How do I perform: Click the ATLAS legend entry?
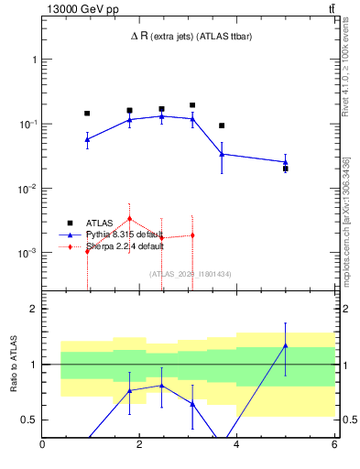click(x=100, y=222)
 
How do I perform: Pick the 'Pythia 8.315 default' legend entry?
click(x=125, y=234)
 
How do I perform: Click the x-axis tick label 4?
click(x=237, y=445)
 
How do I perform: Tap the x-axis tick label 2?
click(x=139, y=445)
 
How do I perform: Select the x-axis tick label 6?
click(x=333, y=445)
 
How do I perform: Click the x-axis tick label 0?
click(x=42, y=445)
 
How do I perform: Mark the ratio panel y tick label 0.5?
click(x=28, y=420)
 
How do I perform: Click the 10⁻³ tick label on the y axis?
click(x=27, y=253)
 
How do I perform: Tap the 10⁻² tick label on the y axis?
click(x=27, y=189)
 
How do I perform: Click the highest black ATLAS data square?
click(x=192, y=105)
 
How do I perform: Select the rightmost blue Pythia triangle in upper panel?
click(x=286, y=162)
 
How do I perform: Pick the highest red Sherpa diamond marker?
click(x=130, y=218)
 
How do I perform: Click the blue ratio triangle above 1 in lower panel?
click(x=286, y=345)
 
